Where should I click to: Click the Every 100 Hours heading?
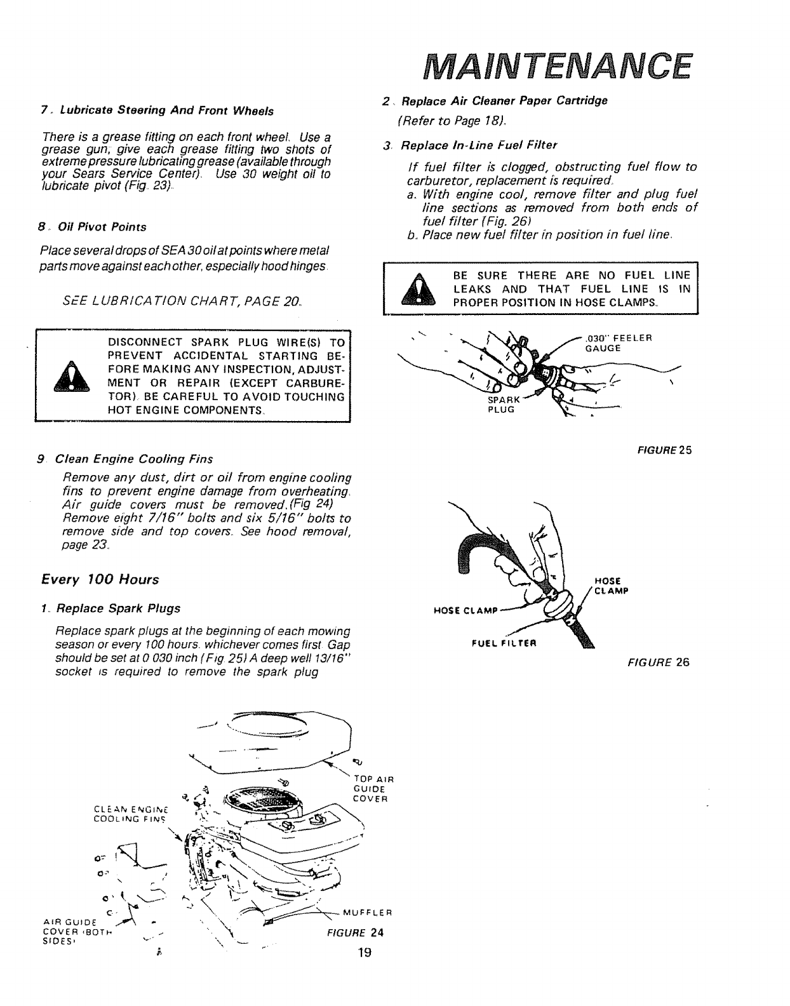click(x=100, y=580)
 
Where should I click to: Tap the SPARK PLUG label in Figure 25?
click(x=503, y=405)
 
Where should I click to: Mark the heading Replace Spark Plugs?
click(x=118, y=608)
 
